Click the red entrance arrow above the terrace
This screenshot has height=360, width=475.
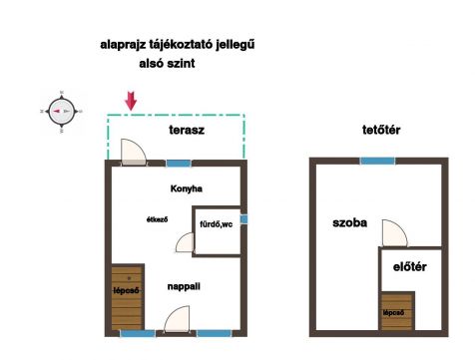point(131,101)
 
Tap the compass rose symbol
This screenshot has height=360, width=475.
point(62,112)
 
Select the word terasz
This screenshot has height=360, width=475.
point(187,130)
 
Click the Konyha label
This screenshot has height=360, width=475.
point(187,188)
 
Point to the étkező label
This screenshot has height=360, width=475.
point(157,219)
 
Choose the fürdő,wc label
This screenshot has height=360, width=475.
point(217,224)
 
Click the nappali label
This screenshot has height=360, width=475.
point(184,286)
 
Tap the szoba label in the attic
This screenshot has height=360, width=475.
point(350,222)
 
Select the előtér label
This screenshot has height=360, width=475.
point(410,267)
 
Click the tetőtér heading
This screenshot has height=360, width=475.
point(381,130)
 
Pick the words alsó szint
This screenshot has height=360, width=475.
point(167,63)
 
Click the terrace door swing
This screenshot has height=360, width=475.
point(133,152)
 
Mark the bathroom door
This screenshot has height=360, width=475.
point(185,242)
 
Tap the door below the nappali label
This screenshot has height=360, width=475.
point(177,319)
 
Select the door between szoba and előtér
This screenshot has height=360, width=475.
point(394,233)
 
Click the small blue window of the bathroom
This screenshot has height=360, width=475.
point(243,219)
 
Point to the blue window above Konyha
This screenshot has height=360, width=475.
point(179,164)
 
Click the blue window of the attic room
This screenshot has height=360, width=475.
point(378,162)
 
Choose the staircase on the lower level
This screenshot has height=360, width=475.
point(128,297)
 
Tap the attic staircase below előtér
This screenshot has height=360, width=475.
point(397,311)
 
